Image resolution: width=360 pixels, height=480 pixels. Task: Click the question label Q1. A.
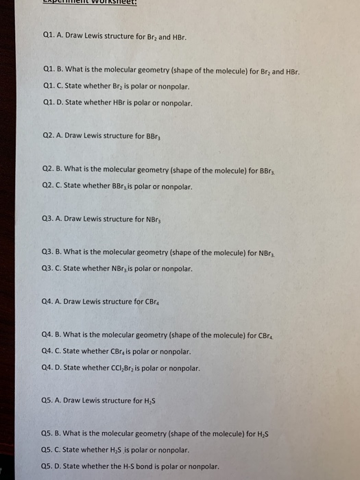54,36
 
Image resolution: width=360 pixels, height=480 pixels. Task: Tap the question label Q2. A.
54,136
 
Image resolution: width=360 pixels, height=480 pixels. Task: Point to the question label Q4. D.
54,368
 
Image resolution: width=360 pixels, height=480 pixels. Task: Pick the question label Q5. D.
54,467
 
